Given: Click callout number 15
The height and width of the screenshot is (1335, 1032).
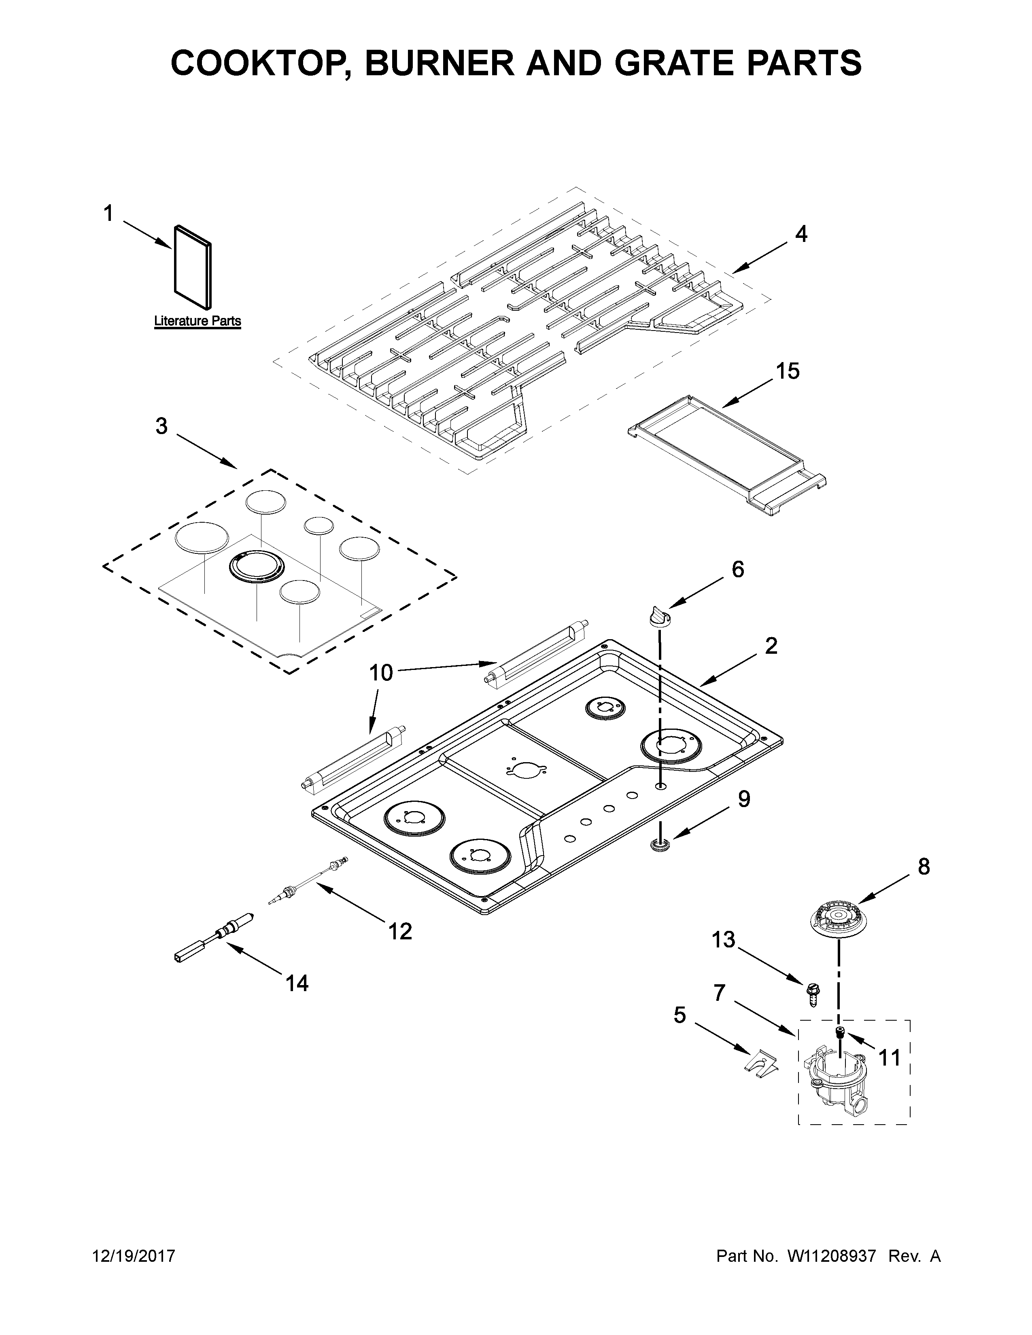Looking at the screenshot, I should [x=788, y=371].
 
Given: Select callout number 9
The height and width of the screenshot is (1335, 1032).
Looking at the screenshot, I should [x=743, y=799].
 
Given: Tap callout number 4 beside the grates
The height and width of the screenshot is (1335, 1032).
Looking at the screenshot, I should [x=801, y=234].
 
